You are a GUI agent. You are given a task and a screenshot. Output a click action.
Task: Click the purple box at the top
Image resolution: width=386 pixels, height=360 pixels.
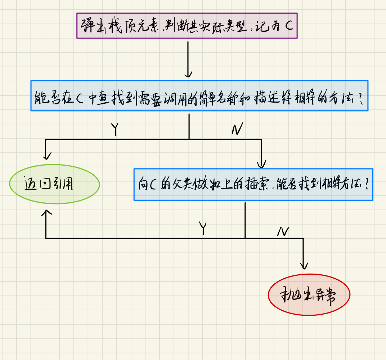click(x=187, y=25)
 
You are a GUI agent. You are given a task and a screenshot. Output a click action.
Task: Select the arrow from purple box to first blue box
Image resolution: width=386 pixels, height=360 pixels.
click(x=188, y=59)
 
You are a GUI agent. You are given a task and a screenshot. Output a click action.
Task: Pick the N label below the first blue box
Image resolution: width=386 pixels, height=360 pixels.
click(x=237, y=129)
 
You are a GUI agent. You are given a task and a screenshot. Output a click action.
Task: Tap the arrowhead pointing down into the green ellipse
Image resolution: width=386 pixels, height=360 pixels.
click(x=46, y=157)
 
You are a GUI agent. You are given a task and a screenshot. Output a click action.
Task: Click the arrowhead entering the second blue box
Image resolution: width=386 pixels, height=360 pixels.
click(x=261, y=165)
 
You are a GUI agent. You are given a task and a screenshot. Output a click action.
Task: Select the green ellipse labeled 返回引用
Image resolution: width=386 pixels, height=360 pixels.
click(x=54, y=184)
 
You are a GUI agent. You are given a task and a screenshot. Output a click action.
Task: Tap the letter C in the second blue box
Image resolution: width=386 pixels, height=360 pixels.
click(x=153, y=185)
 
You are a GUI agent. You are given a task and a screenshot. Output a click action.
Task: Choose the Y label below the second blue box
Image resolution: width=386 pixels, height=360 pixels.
click(x=203, y=228)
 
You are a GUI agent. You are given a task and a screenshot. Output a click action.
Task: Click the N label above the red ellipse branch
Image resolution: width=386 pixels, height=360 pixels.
click(x=283, y=231)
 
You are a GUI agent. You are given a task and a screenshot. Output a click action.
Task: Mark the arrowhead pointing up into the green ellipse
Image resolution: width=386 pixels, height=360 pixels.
click(x=46, y=212)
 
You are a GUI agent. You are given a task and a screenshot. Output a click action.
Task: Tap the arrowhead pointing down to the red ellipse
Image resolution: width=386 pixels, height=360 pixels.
click(x=304, y=266)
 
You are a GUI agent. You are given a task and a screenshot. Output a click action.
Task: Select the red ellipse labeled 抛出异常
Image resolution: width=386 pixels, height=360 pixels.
click(x=309, y=295)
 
